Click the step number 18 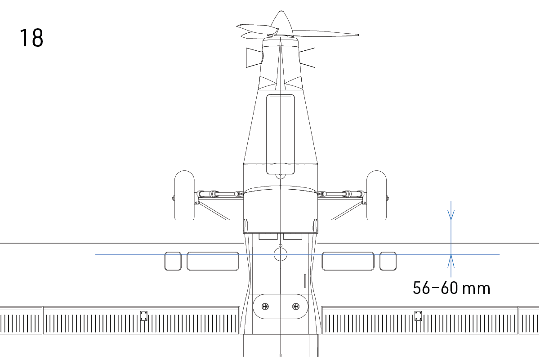click(x=31, y=38)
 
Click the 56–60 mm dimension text click(x=451, y=288)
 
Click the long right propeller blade click(x=326, y=34)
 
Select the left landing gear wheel click(x=184, y=195)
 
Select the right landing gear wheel click(x=376, y=195)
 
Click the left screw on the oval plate click(x=265, y=307)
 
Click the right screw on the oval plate click(x=296, y=307)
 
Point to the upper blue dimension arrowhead click(x=451, y=215)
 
